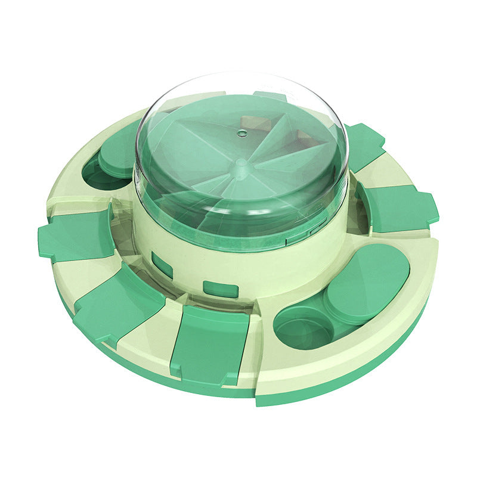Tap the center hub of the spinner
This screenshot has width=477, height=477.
point(241,162)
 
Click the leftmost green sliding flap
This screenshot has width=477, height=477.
point(76,234)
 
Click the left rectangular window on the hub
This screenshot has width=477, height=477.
point(162,263)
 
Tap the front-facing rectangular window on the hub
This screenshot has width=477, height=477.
point(220,289)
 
